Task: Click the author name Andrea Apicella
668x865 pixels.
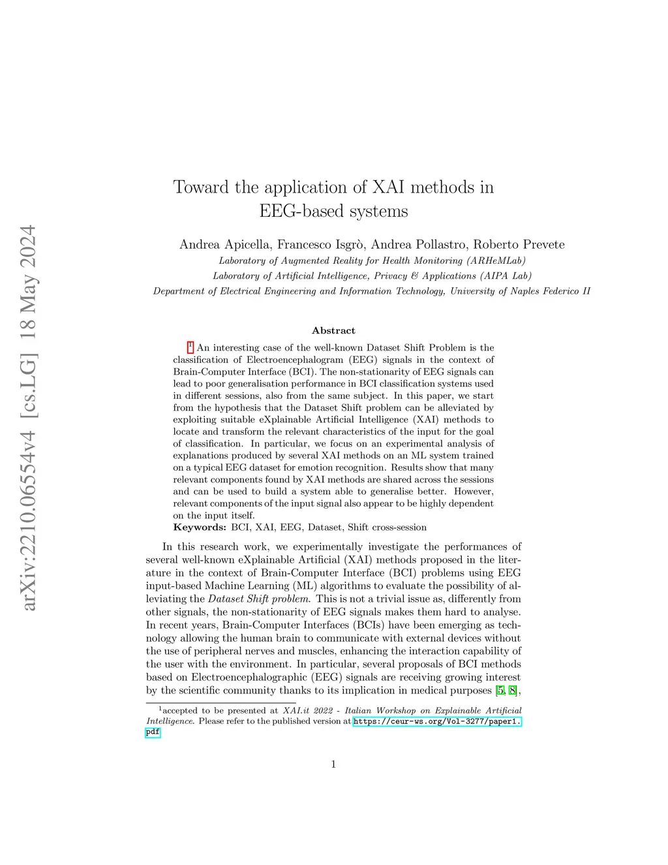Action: [224, 245]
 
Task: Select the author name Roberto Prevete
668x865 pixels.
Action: [519, 245]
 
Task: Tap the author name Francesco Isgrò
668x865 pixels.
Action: [320, 245]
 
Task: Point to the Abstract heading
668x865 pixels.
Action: [333, 330]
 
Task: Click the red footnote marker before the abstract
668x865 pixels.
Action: [190, 347]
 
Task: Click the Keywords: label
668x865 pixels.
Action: [200, 527]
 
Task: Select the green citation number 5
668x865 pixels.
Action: [500, 691]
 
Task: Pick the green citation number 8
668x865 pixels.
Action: [513, 691]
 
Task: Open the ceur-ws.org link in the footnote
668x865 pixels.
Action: [436, 721]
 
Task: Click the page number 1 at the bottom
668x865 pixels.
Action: [333, 764]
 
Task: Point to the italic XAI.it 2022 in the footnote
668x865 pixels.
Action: [307, 710]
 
